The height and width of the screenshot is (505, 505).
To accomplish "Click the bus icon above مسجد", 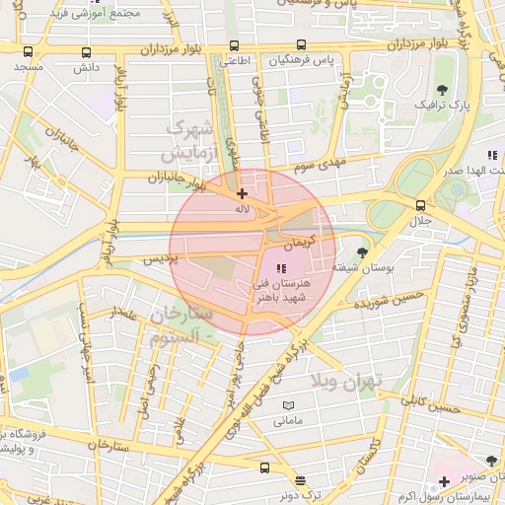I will tap(27, 51).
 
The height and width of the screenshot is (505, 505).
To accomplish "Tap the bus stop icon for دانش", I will tap(87, 52).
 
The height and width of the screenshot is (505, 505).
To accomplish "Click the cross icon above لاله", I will tap(242, 193).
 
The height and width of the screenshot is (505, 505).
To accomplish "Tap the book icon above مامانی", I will tap(288, 405).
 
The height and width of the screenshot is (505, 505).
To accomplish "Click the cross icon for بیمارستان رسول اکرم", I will tap(444, 481).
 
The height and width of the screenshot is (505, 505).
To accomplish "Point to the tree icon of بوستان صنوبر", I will tap(491, 460).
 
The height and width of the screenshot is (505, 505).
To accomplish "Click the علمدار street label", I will tap(126, 314).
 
